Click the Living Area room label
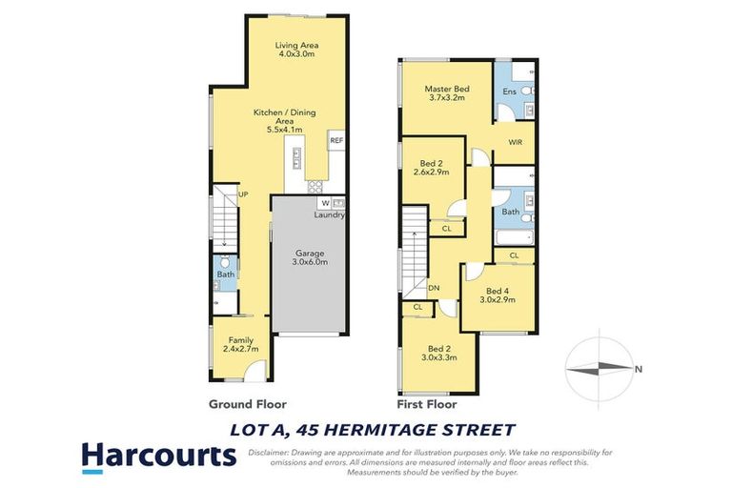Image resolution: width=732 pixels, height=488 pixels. pos(295,51)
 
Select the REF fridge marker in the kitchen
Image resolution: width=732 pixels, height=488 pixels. pos(335,141)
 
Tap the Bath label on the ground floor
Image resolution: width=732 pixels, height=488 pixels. pos(225,274)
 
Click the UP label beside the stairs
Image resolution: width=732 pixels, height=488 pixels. pos(243,194)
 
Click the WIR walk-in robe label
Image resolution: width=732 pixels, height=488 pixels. pos(515,142)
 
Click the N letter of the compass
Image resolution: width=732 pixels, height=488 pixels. pos(639,369)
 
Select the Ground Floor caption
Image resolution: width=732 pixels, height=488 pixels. pos(247,404)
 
